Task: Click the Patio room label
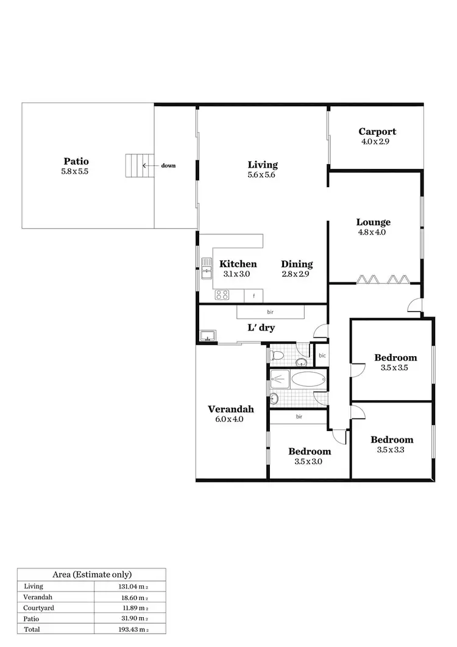76,162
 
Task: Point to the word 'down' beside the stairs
169,165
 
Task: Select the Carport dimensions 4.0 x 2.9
375,141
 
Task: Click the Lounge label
374,223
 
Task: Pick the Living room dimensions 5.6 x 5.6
263,174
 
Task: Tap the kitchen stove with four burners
222,296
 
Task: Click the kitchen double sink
205,268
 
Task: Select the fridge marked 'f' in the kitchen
253,296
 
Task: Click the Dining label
297,264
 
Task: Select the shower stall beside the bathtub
279,379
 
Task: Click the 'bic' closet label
322,355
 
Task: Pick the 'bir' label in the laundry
270,312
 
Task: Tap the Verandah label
230,409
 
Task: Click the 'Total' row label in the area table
32,628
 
